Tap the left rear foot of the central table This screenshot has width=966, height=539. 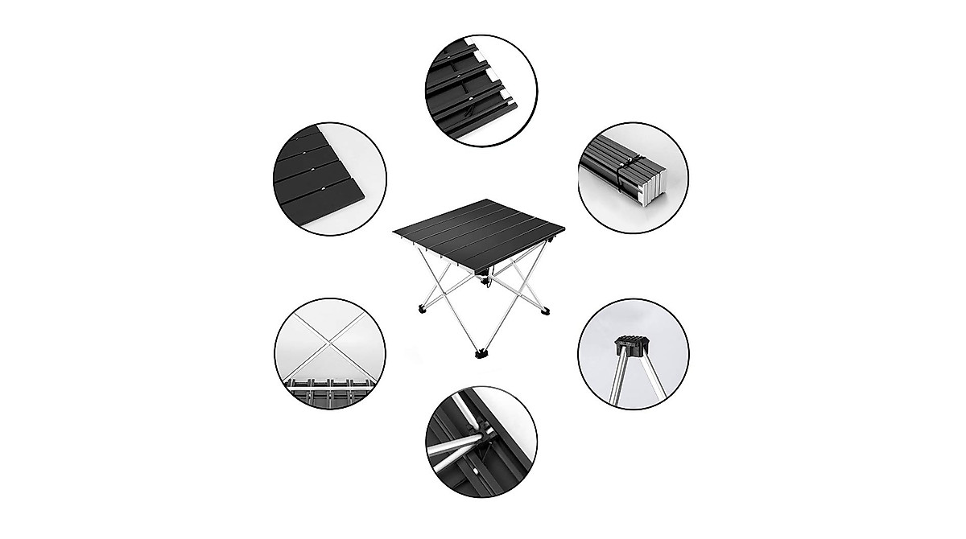pyautogui.click(x=422, y=309)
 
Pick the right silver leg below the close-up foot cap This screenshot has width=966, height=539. pyautogui.click(x=645, y=378)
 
